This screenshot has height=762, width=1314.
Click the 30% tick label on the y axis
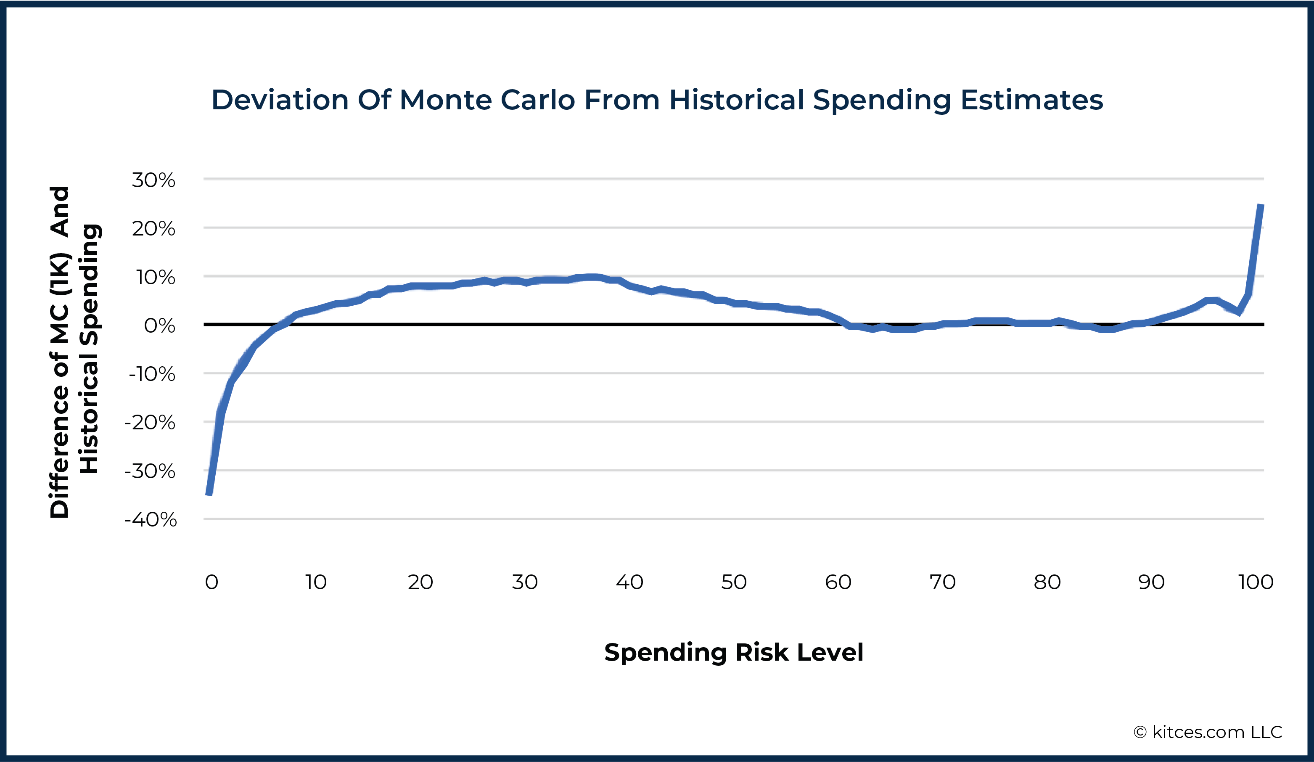(x=153, y=180)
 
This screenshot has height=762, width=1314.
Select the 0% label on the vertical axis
(x=159, y=325)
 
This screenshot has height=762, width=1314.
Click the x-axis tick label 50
(x=734, y=582)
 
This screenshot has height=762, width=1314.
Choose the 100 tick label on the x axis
(x=1256, y=582)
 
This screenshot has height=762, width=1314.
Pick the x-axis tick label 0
(x=211, y=582)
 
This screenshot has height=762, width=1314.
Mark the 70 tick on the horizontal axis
(x=942, y=582)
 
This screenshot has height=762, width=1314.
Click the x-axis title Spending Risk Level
(x=734, y=653)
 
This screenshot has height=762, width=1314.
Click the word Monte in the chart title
(x=445, y=100)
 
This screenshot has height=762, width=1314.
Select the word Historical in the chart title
(x=736, y=100)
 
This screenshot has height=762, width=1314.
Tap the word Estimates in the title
(x=1031, y=100)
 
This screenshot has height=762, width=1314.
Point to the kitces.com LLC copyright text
(x=1208, y=732)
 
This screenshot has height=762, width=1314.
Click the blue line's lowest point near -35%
(x=209, y=493)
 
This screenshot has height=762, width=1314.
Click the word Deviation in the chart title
(x=280, y=100)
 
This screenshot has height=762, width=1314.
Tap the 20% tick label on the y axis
(x=153, y=228)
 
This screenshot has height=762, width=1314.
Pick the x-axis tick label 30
(x=525, y=582)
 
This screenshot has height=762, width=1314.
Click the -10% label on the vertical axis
(x=152, y=374)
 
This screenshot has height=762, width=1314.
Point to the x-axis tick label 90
(x=1151, y=582)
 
